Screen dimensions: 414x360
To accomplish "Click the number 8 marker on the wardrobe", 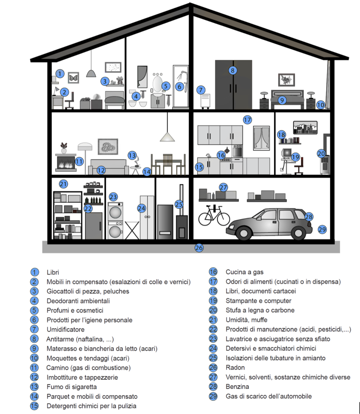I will (232, 70).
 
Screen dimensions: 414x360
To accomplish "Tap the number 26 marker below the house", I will (199, 248).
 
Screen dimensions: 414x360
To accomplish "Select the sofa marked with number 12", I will (107, 166).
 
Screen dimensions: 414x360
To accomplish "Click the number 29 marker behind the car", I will (322, 229).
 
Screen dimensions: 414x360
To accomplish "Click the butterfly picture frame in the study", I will (73, 77).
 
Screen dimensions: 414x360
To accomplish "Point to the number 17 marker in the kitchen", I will (248, 120).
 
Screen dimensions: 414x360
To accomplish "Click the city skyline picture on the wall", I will (305, 127).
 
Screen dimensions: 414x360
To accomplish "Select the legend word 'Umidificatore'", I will (66, 330).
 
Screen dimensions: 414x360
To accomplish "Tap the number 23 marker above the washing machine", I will (113, 197).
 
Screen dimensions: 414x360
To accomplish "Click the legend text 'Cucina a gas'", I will (244, 272).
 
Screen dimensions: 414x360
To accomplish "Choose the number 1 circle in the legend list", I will (35, 272).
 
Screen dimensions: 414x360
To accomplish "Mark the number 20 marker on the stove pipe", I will (321, 154).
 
